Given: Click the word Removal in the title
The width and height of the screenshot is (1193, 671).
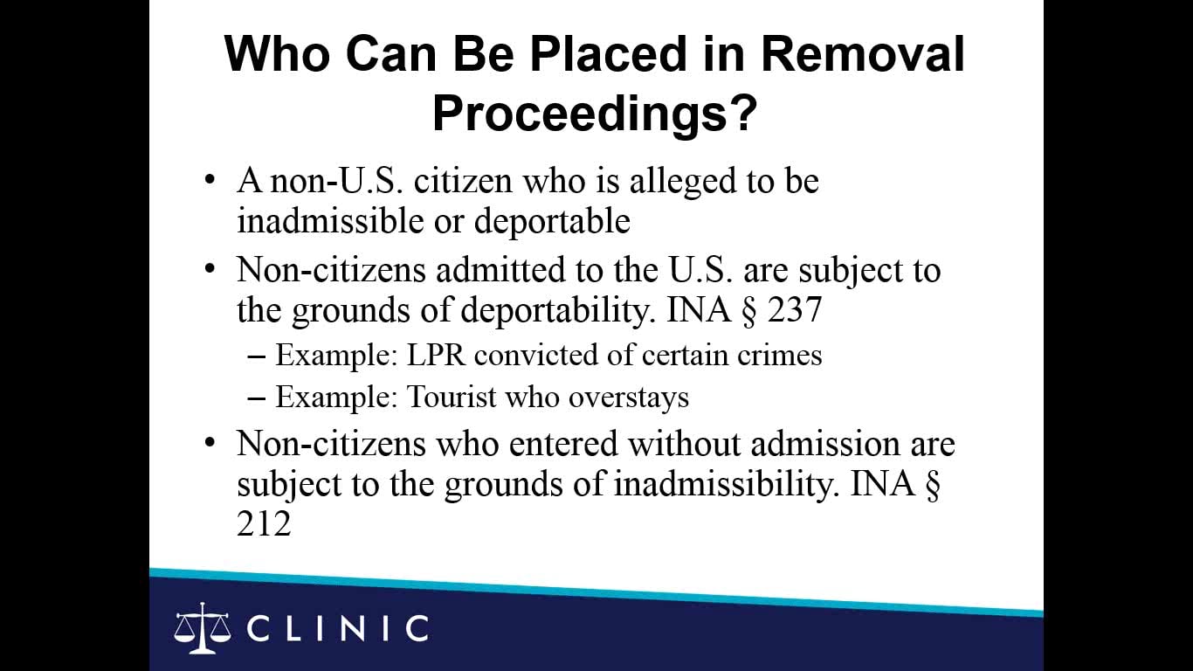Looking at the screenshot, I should [862, 54].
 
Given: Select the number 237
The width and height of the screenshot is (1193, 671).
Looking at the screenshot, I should [794, 311].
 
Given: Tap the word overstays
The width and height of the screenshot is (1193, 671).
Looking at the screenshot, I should [628, 398].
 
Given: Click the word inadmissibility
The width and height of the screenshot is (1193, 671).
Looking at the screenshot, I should [721, 484].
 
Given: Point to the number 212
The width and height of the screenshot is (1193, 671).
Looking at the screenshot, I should [263, 524].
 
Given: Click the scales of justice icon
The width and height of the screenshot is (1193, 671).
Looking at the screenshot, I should [203, 627].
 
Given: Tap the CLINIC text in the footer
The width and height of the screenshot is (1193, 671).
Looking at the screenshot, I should [338, 628].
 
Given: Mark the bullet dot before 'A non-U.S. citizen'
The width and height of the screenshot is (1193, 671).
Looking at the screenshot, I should [209, 181].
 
